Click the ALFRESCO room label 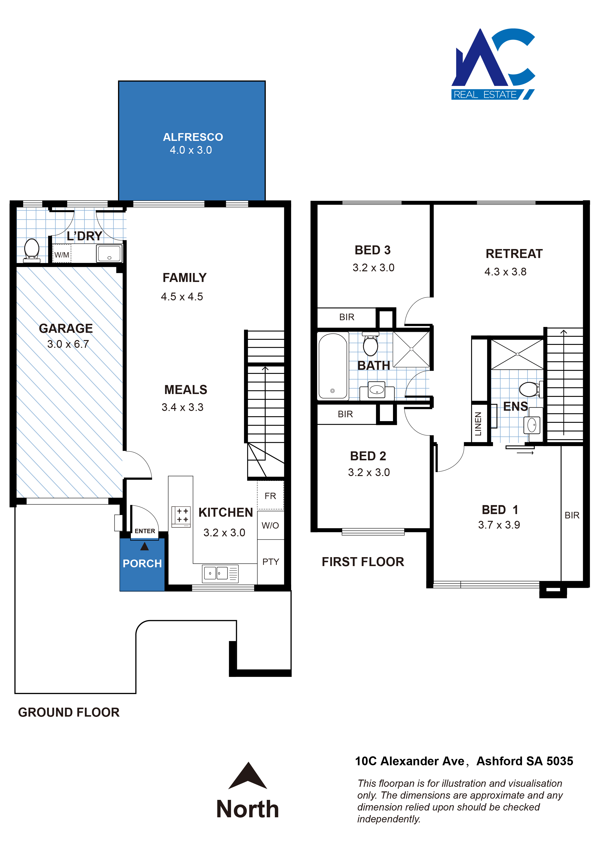[193, 137]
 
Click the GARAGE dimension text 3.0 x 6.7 [68, 344]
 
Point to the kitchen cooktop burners [181, 516]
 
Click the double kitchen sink [220, 574]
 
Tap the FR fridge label [270, 496]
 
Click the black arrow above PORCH [144, 546]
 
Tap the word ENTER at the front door [145, 531]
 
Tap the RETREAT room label [514, 254]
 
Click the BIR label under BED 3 [347, 317]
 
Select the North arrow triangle [248, 775]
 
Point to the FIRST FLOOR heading [363, 562]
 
